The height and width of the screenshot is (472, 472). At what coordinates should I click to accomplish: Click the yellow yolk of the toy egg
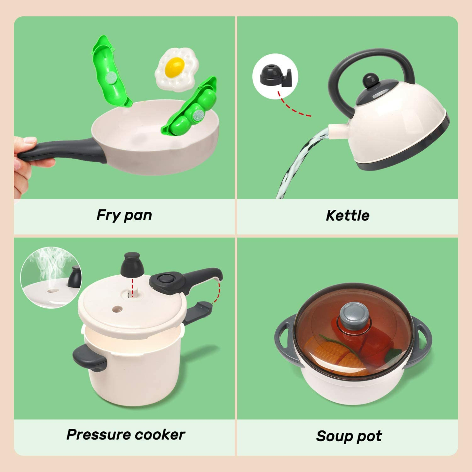[174, 67]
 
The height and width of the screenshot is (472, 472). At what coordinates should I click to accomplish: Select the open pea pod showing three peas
[192, 108]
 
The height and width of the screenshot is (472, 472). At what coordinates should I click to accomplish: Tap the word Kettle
[347, 216]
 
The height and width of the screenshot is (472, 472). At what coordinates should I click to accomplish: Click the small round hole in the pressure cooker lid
[117, 309]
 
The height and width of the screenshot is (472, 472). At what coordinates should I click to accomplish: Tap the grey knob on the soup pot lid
[353, 314]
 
